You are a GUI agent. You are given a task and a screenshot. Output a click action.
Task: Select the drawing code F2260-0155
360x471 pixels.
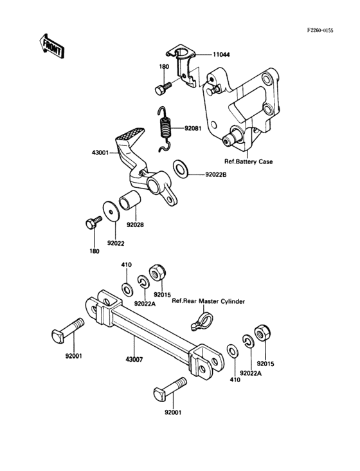tap(328, 30)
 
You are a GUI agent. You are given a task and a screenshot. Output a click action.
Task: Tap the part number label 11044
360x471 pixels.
tap(221, 56)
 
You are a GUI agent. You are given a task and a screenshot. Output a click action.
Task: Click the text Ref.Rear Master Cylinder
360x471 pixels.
tap(210, 301)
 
